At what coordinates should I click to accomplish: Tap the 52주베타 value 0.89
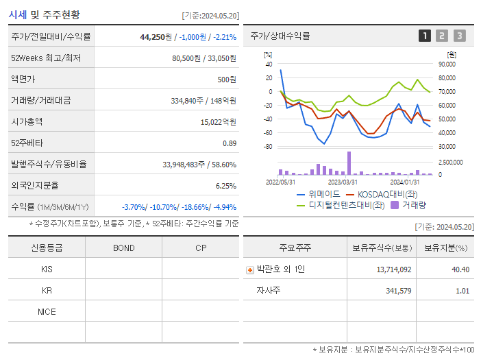click(x=229, y=143)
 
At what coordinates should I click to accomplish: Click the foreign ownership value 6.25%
click(x=225, y=186)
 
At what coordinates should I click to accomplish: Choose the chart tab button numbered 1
click(x=425, y=36)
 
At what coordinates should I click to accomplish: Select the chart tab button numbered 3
click(x=459, y=36)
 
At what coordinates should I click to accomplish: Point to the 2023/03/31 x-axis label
click(x=343, y=182)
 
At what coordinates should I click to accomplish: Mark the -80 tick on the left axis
click(x=268, y=147)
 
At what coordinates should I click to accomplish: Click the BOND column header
click(x=123, y=248)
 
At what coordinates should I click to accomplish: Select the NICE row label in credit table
click(x=47, y=312)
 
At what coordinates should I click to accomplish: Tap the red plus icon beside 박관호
click(x=250, y=270)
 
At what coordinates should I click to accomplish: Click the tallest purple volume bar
click(x=349, y=163)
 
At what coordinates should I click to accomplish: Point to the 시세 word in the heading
click(x=18, y=14)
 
